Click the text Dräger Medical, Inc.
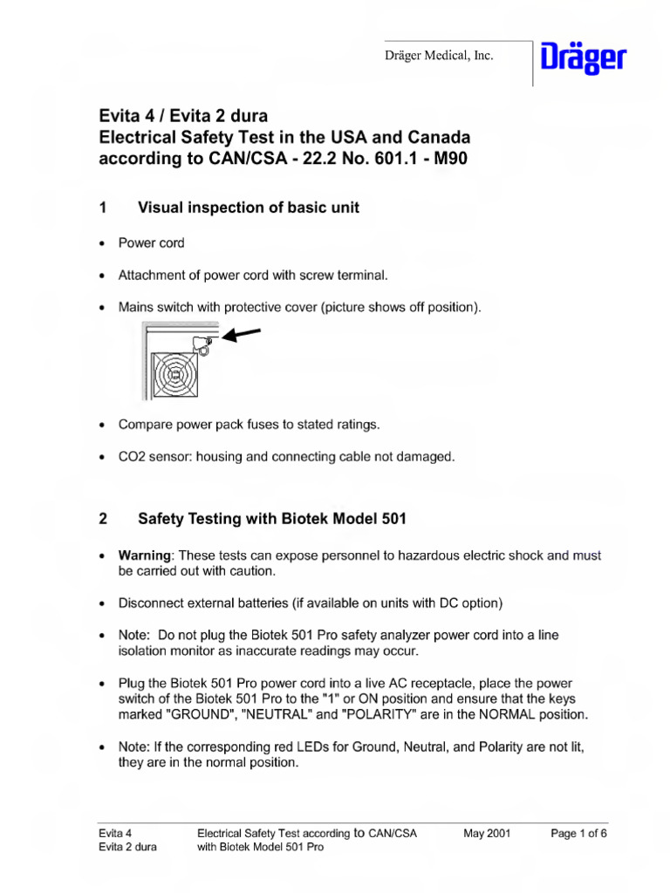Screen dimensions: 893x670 (440, 56)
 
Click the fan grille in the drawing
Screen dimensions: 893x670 (176, 374)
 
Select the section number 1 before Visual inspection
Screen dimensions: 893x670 (103, 208)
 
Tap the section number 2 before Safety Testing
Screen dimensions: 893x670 (103, 519)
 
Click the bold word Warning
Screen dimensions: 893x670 (146, 556)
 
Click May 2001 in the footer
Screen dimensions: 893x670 (487, 833)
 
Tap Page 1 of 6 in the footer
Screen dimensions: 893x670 (578, 833)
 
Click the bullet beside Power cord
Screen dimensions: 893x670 (104, 243)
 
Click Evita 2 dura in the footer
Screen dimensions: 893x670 (128, 847)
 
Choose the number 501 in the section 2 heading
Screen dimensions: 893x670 (390, 519)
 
